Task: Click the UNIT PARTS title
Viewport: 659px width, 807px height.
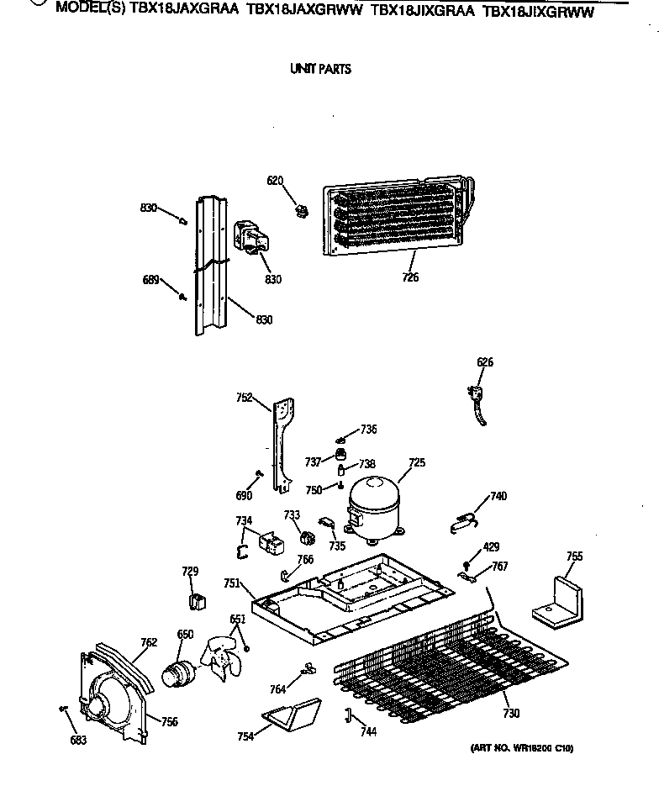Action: tap(320, 69)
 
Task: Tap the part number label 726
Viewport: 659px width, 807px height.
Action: tap(409, 277)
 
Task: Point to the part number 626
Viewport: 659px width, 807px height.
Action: tap(485, 362)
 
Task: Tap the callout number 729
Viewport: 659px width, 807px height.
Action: tap(190, 572)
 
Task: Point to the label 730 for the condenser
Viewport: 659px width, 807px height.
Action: tap(511, 714)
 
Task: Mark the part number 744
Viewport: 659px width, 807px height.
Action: tap(368, 731)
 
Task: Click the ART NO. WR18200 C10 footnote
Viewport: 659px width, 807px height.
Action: tap(521, 748)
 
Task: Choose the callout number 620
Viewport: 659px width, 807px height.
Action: tap(275, 181)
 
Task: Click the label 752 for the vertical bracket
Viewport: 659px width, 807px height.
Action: tap(244, 398)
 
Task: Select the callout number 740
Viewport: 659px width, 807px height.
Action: tap(498, 496)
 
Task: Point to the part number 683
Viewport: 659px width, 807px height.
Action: tap(77, 740)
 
